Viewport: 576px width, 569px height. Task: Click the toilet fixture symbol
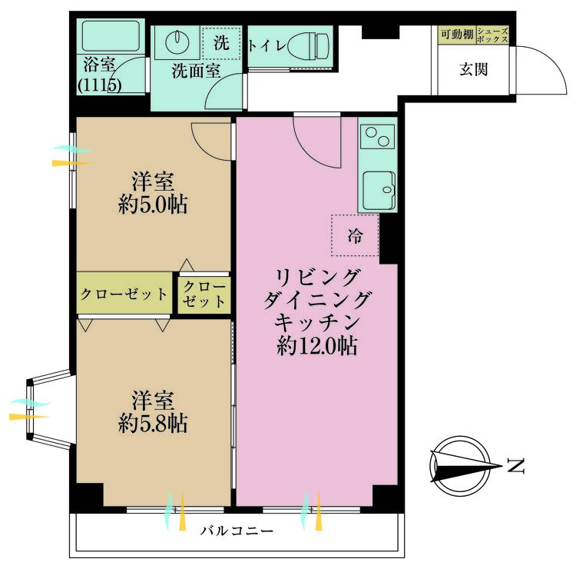(308, 46)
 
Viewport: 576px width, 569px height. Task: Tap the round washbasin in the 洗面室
(177, 42)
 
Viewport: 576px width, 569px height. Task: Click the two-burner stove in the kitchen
(378, 136)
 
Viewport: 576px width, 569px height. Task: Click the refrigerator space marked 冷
(355, 235)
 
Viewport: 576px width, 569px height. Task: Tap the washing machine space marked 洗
(221, 43)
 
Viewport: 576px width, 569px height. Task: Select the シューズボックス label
(492, 35)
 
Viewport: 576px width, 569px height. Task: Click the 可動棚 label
(457, 35)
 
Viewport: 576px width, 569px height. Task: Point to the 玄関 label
(474, 69)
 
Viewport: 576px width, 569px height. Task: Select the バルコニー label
(237, 531)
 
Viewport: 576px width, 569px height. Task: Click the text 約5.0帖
(153, 205)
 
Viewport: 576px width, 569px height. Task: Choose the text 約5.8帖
(153, 424)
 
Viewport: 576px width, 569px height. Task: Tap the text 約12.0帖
(317, 346)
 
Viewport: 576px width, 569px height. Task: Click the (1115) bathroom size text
(100, 85)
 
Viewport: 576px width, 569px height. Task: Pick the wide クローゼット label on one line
(124, 294)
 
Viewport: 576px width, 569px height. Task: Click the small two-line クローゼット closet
(204, 294)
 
